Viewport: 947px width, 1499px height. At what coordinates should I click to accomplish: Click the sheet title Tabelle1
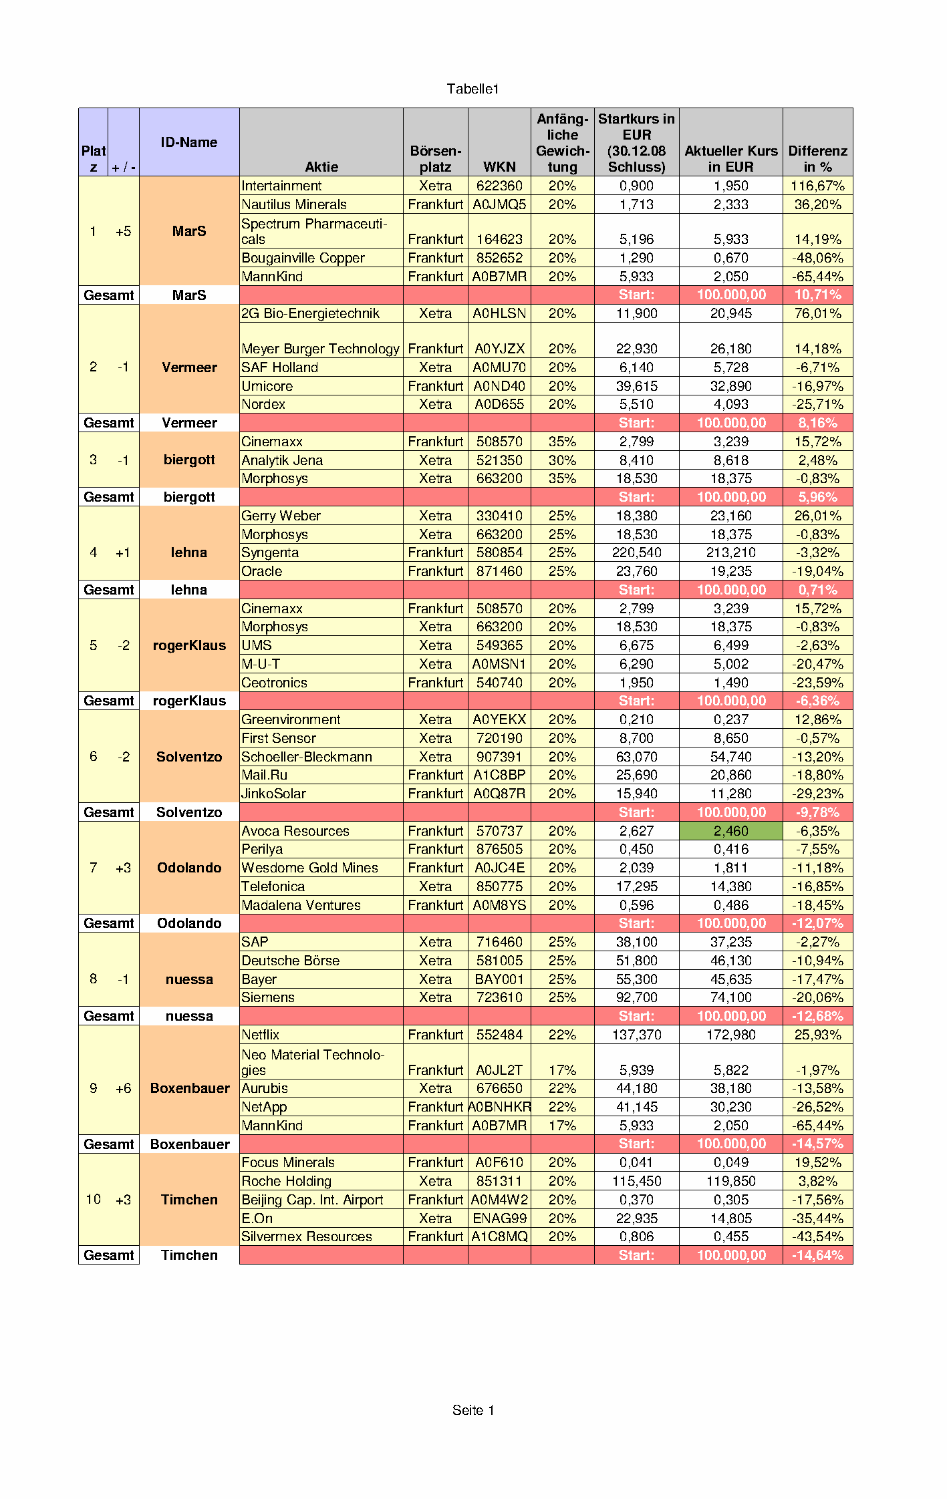472,89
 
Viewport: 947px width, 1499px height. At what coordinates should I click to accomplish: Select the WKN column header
499,166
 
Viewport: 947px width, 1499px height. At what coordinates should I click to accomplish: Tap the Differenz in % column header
817,158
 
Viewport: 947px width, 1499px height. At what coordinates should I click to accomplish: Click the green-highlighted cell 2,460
730,831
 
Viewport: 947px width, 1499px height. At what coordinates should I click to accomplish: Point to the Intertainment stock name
281,186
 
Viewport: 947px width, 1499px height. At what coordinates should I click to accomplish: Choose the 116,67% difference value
817,186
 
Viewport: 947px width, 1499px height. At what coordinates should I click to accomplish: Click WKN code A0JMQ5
499,204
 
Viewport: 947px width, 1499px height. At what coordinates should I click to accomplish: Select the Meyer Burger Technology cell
320,349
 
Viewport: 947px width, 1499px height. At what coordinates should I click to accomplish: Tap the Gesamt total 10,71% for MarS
817,295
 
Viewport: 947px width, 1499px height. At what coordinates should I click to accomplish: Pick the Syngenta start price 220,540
636,552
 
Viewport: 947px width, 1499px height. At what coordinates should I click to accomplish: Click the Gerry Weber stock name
281,516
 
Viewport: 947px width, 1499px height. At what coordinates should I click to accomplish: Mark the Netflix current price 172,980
730,1035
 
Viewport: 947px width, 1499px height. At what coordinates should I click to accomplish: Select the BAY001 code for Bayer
499,979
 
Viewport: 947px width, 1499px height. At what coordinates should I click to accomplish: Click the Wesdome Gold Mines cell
309,868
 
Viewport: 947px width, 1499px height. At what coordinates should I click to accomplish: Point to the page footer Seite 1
472,1410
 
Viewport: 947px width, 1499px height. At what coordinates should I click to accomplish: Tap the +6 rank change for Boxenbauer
123,1088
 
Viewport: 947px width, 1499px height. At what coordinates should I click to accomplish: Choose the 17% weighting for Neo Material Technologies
562,1070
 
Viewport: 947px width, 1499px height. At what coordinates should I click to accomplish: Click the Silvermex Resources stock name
306,1236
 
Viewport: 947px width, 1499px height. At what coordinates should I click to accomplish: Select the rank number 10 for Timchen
93,1199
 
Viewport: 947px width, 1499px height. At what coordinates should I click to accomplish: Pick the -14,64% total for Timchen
817,1255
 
